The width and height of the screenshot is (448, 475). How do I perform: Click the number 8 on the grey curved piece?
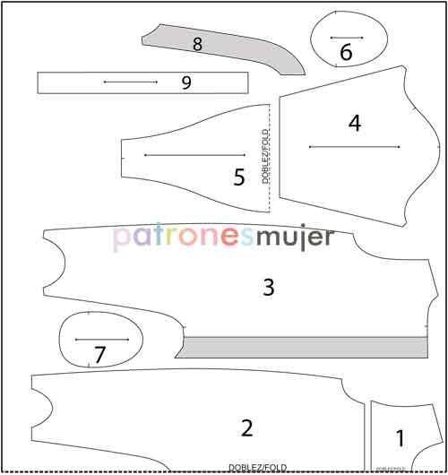[x=197, y=42]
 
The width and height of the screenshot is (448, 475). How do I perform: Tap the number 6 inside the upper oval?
[x=346, y=53]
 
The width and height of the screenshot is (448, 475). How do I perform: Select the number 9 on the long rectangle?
[x=186, y=82]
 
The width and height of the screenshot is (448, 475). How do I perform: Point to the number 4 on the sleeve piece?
[x=355, y=124]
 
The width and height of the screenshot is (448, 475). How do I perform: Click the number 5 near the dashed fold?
[x=239, y=177]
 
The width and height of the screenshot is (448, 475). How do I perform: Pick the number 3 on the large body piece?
[x=268, y=287]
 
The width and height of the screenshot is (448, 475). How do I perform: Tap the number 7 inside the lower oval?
[x=99, y=355]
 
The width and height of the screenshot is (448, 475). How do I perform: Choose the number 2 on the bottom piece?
[x=247, y=427]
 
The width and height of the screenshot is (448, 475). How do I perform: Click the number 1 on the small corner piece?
[x=400, y=438]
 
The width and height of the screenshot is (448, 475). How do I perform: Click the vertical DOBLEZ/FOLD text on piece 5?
[x=266, y=157]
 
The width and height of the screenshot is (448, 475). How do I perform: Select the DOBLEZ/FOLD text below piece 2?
[x=257, y=468]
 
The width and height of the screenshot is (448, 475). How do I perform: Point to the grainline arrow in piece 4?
[x=354, y=146]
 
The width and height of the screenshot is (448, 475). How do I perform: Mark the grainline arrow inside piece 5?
[x=194, y=155]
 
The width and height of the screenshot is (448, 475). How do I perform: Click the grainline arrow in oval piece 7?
[x=103, y=340]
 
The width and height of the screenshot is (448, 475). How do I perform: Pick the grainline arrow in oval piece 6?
[x=346, y=38]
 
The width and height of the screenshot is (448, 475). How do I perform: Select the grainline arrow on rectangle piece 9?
[x=130, y=82]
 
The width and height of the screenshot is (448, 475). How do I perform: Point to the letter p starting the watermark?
[x=120, y=239]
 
